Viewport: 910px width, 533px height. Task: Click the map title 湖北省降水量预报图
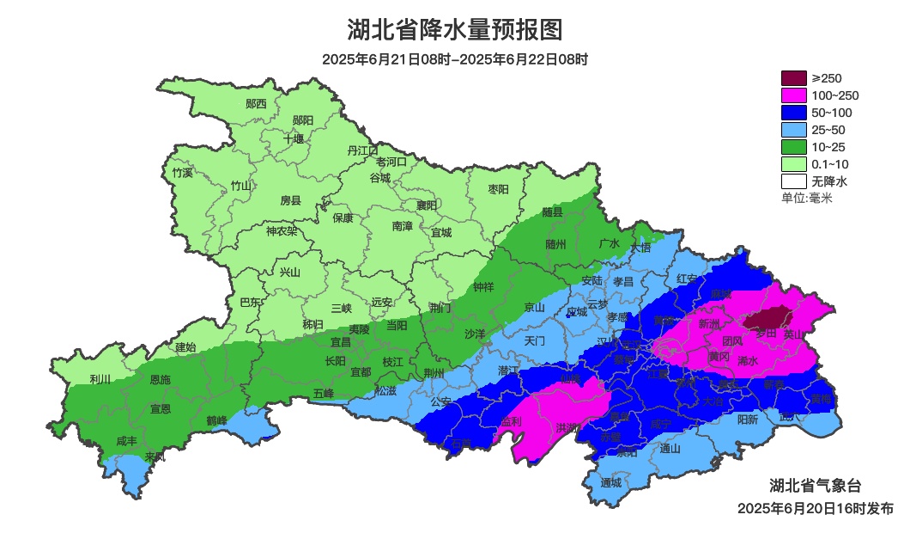(x=455, y=30)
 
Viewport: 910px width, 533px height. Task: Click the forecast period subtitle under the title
(x=455, y=59)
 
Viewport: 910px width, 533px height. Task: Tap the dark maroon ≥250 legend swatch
(x=794, y=78)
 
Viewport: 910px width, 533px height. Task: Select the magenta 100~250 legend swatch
(x=794, y=95)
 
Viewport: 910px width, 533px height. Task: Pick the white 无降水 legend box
(x=794, y=181)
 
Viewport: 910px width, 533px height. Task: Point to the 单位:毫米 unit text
(x=807, y=199)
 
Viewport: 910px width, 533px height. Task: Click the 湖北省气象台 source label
(x=814, y=484)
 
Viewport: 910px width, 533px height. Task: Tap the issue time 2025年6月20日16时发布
(x=815, y=509)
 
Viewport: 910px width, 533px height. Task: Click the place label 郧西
(x=256, y=104)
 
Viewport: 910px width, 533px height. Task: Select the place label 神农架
(x=282, y=230)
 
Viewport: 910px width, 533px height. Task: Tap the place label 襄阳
(x=427, y=205)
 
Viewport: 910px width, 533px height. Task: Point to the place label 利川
(x=100, y=379)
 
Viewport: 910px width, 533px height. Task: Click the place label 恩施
(x=160, y=379)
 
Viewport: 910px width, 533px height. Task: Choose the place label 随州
(x=556, y=244)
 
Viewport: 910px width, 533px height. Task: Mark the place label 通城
(x=610, y=483)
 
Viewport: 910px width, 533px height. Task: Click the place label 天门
(x=534, y=340)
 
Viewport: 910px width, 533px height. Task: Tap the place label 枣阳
(x=498, y=188)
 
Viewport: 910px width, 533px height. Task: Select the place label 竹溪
(x=182, y=173)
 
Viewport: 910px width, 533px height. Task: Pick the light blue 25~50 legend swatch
(x=794, y=130)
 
